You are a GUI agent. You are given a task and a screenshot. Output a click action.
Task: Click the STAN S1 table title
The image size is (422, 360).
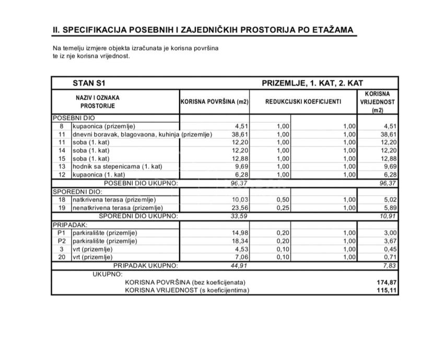92,83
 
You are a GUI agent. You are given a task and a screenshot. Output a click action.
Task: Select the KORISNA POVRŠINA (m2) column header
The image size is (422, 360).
214,102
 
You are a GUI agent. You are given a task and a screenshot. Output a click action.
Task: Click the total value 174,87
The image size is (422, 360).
386,282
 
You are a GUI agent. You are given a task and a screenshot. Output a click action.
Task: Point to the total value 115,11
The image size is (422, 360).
386,290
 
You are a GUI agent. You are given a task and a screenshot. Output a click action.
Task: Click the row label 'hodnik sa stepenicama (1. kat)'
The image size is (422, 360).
118,166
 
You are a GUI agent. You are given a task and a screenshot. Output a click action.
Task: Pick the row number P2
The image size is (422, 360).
62,241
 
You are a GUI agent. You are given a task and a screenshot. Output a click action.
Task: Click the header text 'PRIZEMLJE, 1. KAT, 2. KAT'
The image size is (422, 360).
312,83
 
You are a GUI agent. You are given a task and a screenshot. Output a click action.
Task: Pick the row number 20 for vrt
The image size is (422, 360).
62,257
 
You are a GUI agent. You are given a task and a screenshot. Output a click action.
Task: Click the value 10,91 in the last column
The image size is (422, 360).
388,215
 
